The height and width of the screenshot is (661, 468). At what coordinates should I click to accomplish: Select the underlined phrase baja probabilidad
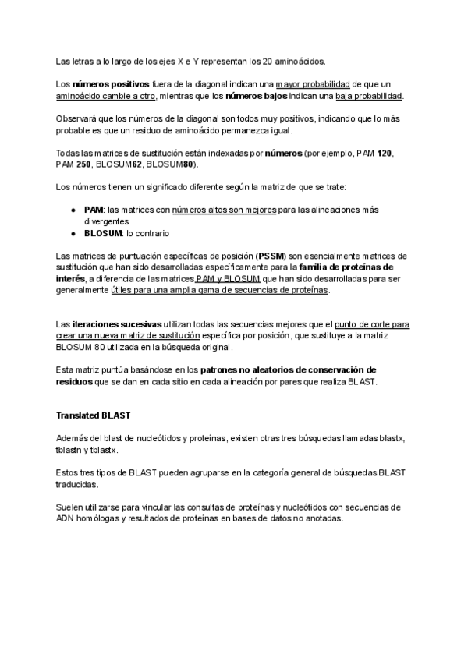(369, 96)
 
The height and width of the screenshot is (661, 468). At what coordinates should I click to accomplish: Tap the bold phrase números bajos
(257, 96)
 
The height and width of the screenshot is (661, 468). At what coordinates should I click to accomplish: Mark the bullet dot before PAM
(73, 210)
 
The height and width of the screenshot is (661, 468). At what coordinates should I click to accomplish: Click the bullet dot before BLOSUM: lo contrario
(73, 233)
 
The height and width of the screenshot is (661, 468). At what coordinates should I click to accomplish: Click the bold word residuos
(73, 382)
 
